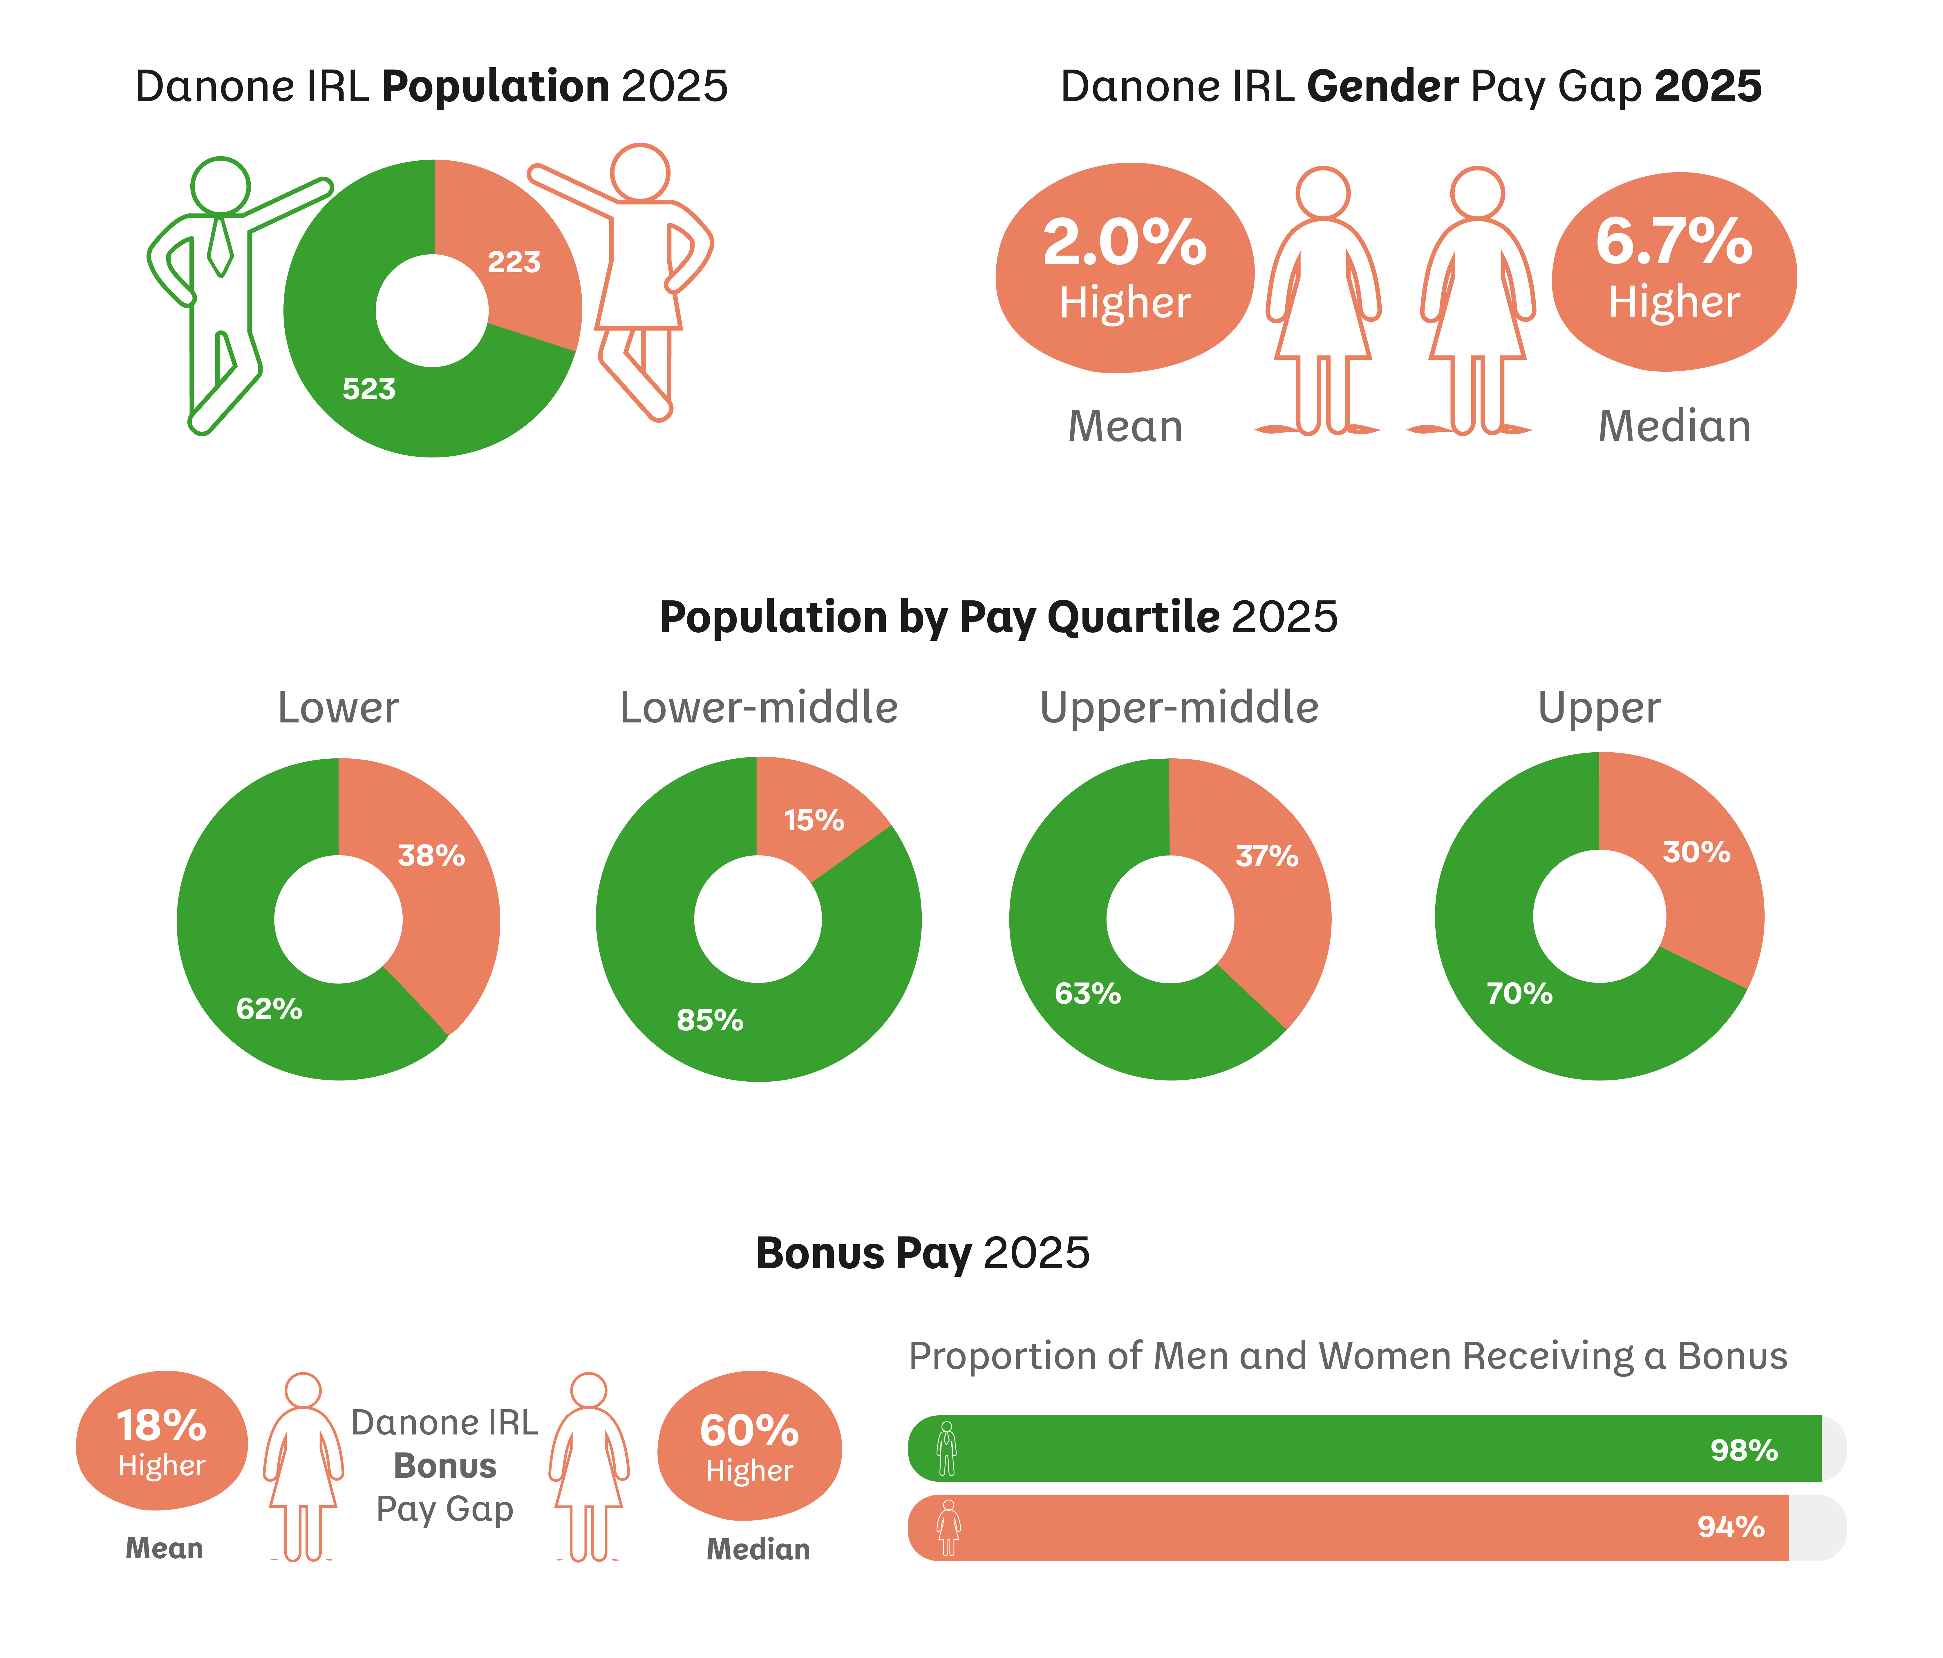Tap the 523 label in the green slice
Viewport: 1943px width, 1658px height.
pyautogui.click(x=368, y=389)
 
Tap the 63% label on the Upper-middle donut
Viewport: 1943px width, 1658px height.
pyautogui.click(x=1088, y=994)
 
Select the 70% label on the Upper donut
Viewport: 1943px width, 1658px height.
pyautogui.click(x=1519, y=994)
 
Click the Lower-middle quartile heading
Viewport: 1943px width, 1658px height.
pyautogui.click(x=759, y=708)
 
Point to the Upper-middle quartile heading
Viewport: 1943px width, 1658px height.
pyautogui.click(x=1179, y=708)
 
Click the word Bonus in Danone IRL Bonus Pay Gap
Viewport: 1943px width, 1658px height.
pyautogui.click(x=444, y=1466)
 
